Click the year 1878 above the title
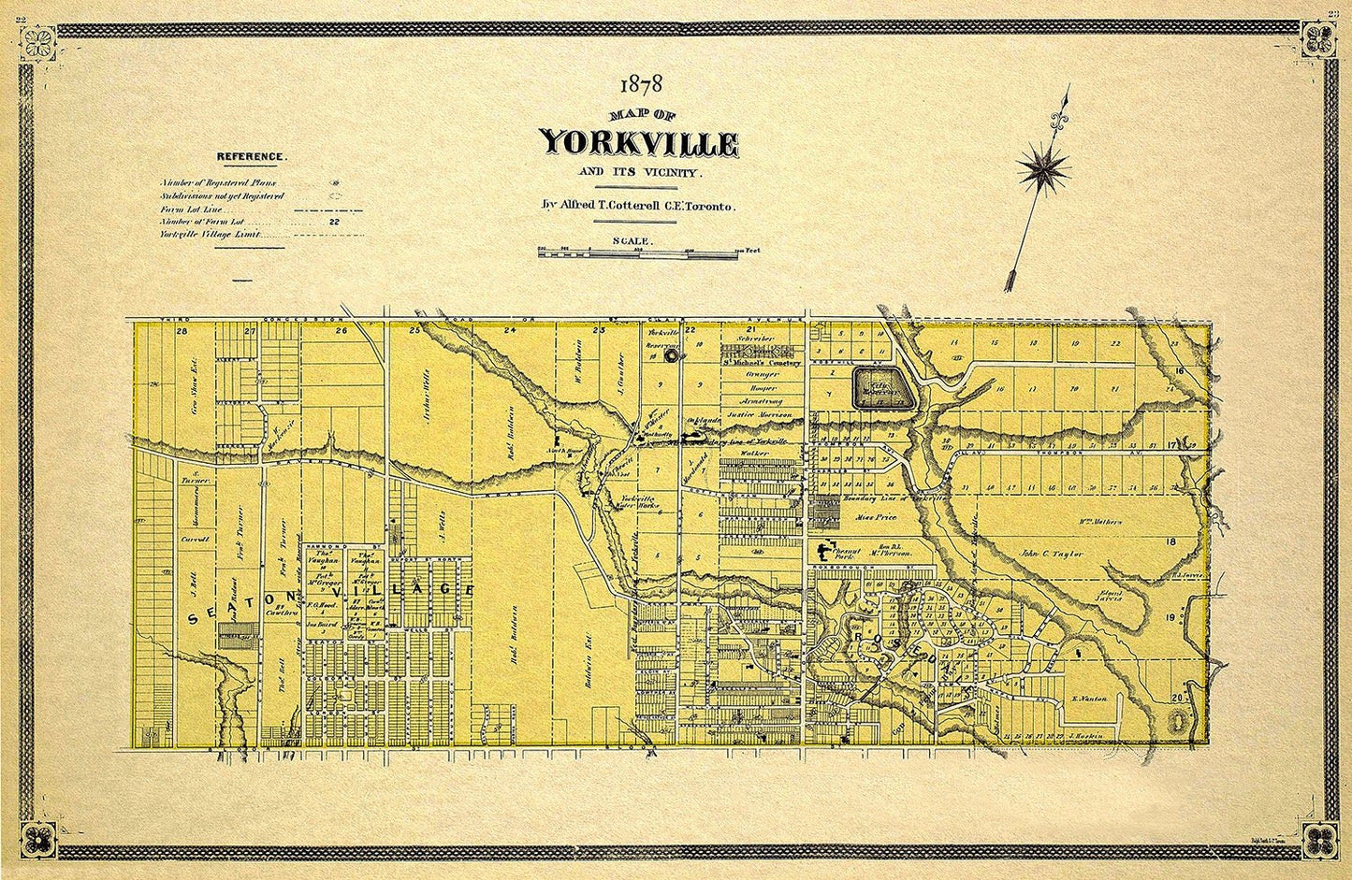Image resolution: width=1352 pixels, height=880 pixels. click(x=640, y=85)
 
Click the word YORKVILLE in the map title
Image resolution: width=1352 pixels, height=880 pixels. click(x=640, y=143)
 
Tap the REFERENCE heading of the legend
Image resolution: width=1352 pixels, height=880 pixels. click(x=252, y=157)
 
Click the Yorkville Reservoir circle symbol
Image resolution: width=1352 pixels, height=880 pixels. click(x=671, y=355)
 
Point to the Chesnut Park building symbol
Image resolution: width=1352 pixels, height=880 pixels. click(x=825, y=552)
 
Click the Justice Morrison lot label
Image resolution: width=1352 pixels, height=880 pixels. click(x=759, y=413)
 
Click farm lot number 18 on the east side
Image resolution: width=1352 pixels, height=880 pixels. click(x=1170, y=541)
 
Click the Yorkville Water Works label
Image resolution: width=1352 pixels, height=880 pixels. click(x=641, y=503)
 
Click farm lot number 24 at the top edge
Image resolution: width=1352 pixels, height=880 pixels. click(x=510, y=330)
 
